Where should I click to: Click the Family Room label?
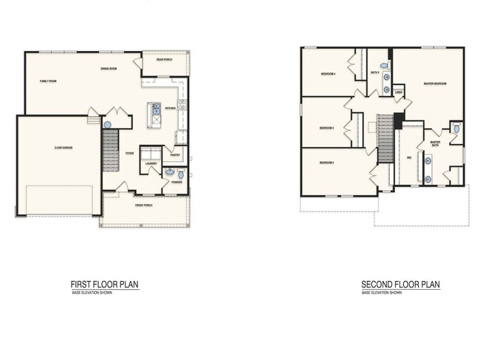pos(49,80)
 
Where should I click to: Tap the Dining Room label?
pos(110,69)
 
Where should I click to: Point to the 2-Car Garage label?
pos(63,149)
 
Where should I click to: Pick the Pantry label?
pos(175,154)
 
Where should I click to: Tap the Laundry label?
pos(151,163)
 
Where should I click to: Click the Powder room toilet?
pos(181,174)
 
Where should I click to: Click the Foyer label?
pos(129,153)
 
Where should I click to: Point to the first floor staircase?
pos(110,148)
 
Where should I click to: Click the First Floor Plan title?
pos(104,285)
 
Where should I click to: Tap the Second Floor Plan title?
pos(400,285)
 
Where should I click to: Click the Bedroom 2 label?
pos(327,162)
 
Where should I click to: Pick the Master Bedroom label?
pos(434,84)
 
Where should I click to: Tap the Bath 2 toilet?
pos(384,66)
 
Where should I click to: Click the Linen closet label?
pos(399,93)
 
